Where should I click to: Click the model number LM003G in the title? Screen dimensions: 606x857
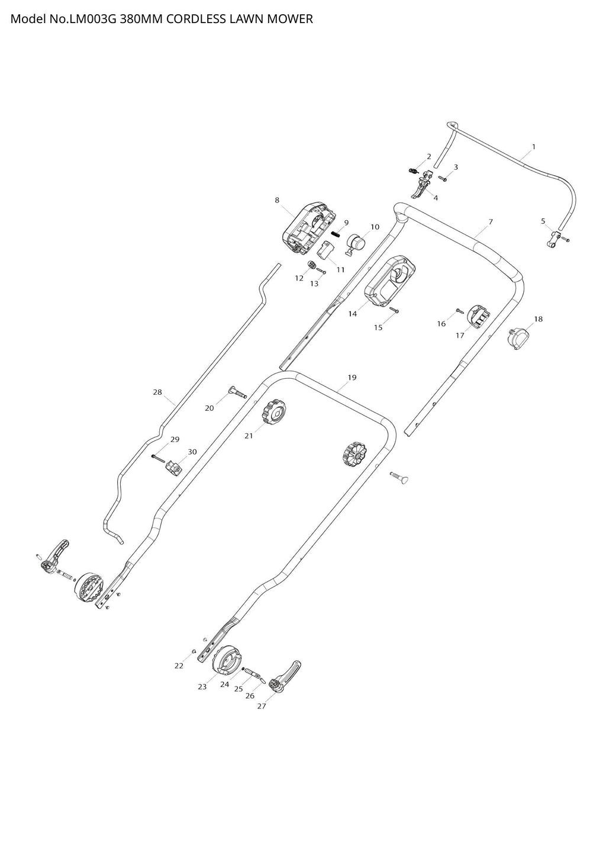tap(92, 19)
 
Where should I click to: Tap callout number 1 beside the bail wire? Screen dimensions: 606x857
tap(534, 147)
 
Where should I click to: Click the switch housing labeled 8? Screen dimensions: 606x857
tap(309, 228)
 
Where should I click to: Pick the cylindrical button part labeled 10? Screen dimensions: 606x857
tap(355, 244)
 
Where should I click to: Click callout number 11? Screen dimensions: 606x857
tap(340, 270)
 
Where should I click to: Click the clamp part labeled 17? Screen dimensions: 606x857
tap(478, 317)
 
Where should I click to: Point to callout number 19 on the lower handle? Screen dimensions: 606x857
tap(352, 378)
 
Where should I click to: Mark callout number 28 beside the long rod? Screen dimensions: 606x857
tap(157, 392)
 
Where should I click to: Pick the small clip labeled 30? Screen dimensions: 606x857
tap(173, 468)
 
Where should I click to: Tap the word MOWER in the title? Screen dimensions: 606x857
tap(290, 19)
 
